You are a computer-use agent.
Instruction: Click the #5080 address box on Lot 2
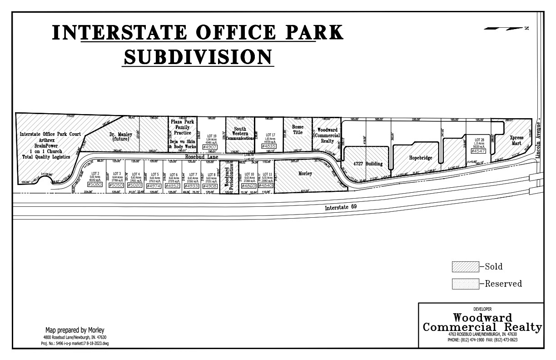tap(95, 185)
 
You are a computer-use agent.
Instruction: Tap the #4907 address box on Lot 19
tap(210, 147)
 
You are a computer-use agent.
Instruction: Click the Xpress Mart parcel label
tap(516, 140)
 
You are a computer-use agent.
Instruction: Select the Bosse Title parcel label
tap(298, 130)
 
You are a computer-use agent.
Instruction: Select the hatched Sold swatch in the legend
tap(465, 267)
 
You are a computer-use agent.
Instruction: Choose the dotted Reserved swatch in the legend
tap(465, 284)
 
